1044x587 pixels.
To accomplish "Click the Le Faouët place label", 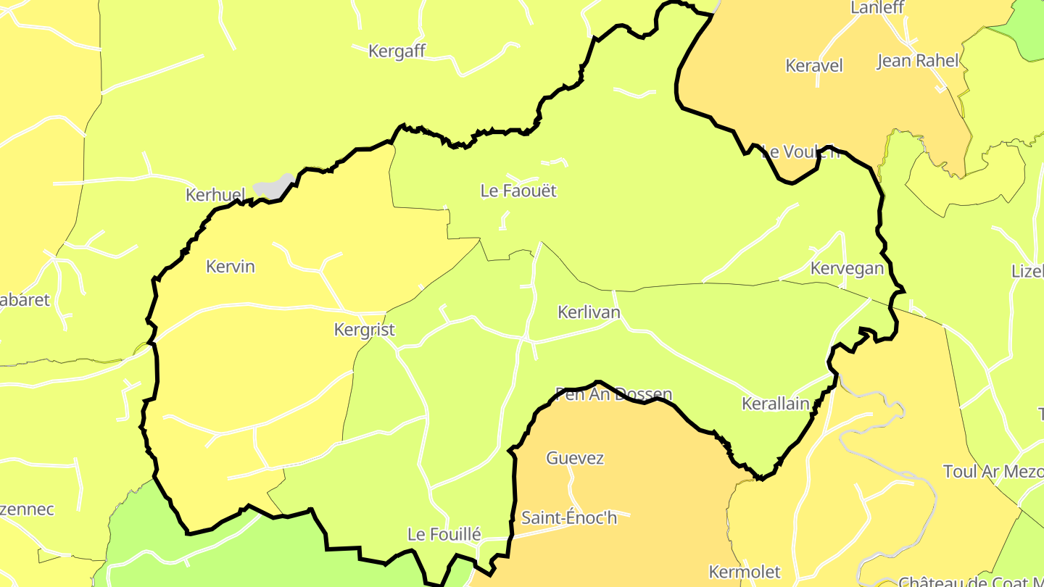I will click(518, 191).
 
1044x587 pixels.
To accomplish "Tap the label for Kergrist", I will click(364, 330).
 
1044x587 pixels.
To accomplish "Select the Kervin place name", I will click(231, 267).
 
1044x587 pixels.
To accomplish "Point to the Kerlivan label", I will click(589, 312).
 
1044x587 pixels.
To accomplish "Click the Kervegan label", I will click(847, 268).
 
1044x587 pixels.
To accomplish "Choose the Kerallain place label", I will click(775, 404).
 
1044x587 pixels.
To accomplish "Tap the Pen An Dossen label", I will click(613, 395).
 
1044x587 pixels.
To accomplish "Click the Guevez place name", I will click(575, 458).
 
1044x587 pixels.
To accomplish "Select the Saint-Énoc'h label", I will click(569, 518).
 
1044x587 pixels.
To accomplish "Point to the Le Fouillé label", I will click(444, 535).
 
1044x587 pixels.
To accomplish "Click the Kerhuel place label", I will click(215, 195).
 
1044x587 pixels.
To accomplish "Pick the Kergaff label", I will click(397, 51).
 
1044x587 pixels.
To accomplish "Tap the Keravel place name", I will click(814, 66).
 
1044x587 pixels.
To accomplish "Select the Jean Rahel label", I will click(918, 61).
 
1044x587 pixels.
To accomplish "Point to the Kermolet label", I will click(745, 572).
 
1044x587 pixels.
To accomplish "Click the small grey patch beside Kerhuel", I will click(273, 186).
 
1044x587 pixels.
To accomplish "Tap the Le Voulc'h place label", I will click(802, 152).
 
